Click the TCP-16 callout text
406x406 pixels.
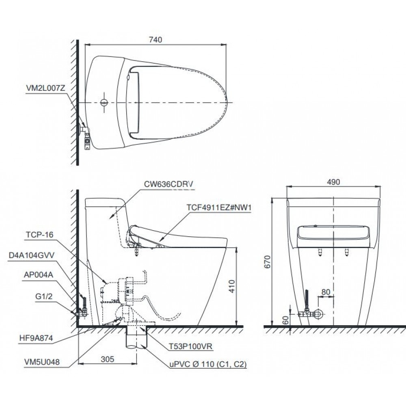[39, 234]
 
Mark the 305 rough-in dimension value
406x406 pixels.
[107, 359]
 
